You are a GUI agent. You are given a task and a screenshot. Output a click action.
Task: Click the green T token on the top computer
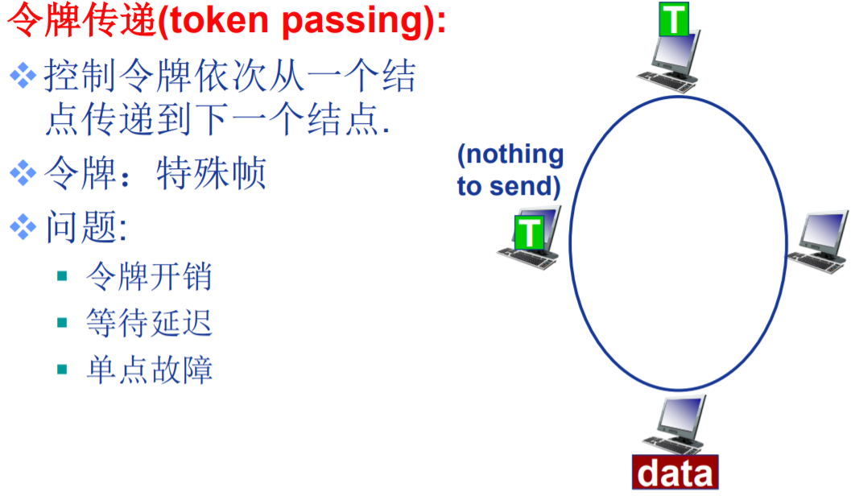pos(674,19)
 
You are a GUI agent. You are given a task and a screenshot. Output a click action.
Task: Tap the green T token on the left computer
pos(529,232)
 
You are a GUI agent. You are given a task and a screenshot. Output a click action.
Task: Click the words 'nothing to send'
pos(510,170)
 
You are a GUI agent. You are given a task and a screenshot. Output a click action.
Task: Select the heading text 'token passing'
pos(302,22)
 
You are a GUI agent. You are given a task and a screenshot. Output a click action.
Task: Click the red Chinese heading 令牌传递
pos(80,22)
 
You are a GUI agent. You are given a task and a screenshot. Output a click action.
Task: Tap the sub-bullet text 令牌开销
pos(149,276)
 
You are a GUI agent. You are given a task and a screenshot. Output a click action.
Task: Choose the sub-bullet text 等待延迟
pos(149,323)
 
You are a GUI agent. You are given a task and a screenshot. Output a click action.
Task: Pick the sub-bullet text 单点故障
pos(149,370)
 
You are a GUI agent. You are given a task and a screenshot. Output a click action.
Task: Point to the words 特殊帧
pos(211,174)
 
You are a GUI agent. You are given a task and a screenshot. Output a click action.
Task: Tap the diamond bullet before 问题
pos(23,227)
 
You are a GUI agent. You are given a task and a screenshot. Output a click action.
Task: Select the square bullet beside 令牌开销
pos(62,276)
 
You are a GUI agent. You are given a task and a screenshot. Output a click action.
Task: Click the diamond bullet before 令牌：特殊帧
pos(23,172)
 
